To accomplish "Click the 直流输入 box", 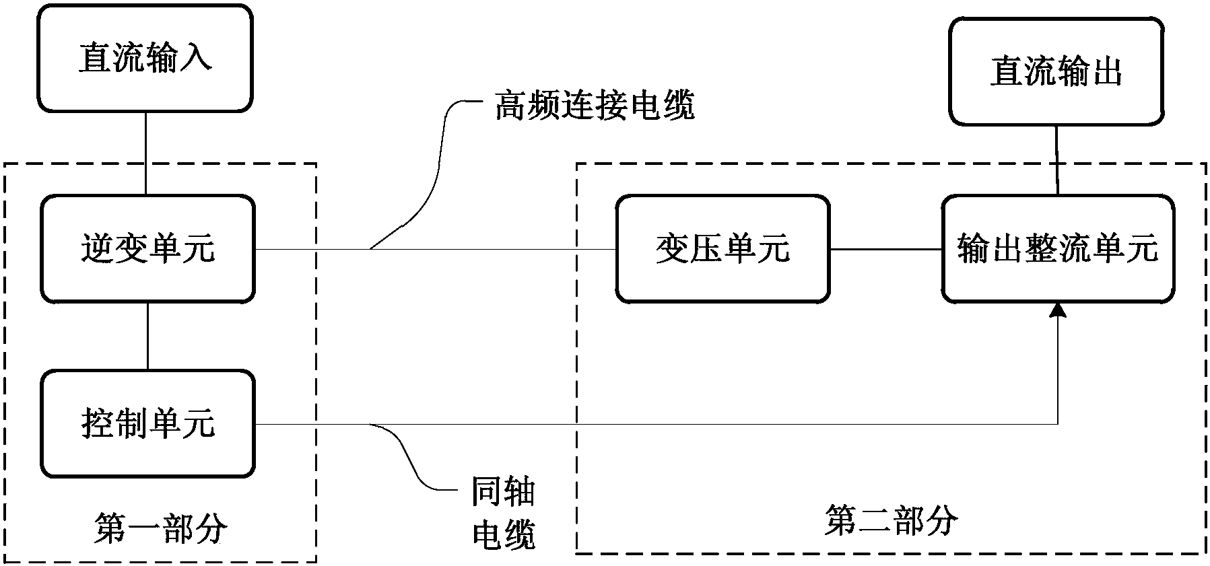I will (x=145, y=58).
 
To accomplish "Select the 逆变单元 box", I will (x=147, y=249).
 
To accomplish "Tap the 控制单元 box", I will (x=147, y=423).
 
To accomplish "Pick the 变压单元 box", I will (x=722, y=249).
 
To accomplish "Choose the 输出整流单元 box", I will (x=1057, y=249).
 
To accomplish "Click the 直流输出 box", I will (x=1056, y=72).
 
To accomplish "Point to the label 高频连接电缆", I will (x=595, y=106).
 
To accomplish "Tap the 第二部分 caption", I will (x=890, y=521).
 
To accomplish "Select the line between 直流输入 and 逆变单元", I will (x=146, y=153).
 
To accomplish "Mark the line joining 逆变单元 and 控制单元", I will (x=147, y=336).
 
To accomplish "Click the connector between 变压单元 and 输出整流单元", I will (x=885, y=250).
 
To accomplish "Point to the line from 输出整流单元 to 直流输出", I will (x=1056, y=160).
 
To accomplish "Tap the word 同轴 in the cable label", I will (x=502, y=492).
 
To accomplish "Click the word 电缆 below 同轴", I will (x=503, y=534).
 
